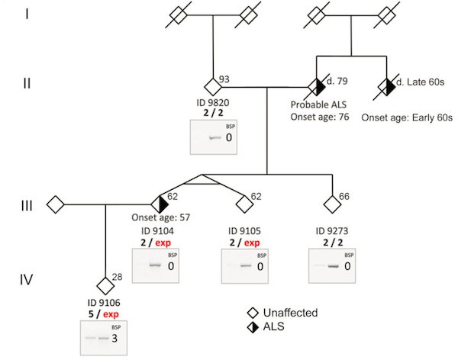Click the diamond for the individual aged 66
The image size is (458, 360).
click(x=332, y=204)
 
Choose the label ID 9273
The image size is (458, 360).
click(x=333, y=230)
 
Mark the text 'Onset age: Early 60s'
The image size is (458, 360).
click(x=408, y=117)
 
